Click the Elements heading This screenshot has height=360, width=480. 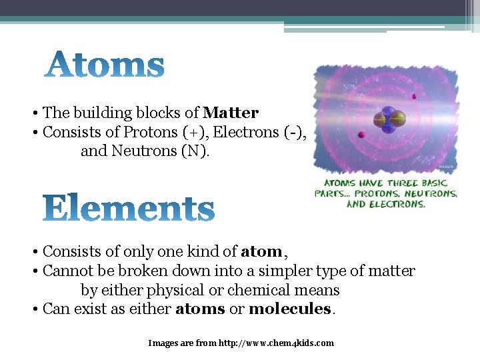tap(129, 209)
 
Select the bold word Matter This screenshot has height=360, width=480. tap(231, 113)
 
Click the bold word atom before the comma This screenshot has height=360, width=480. tap(261, 252)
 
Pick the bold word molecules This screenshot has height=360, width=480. tap(289, 309)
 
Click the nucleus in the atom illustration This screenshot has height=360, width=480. tap(389, 119)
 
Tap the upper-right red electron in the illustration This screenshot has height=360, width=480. tap(415, 97)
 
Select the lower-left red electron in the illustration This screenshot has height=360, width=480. tap(361, 135)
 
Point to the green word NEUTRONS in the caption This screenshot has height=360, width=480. tap(433, 193)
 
